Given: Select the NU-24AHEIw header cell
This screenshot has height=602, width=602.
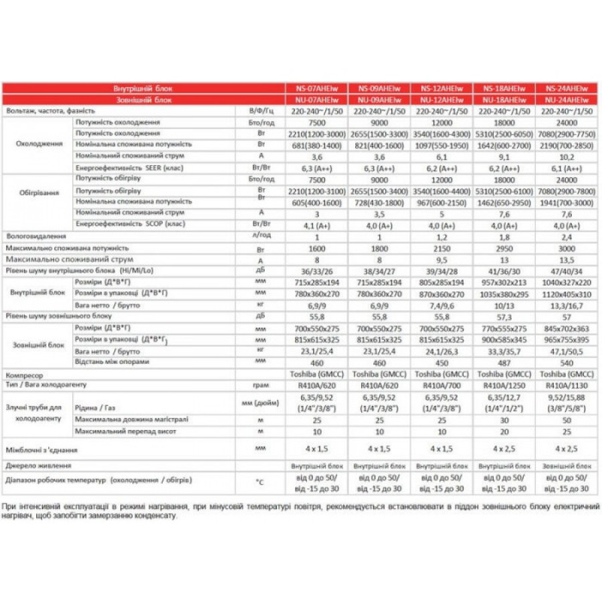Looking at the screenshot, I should [x=567, y=99].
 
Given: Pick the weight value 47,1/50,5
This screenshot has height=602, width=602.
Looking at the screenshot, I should [x=567, y=350].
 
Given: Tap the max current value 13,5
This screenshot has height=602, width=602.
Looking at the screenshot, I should [x=567, y=259].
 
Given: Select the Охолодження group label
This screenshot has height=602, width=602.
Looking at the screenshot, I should [x=35, y=144].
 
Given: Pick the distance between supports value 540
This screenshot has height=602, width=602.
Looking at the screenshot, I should [x=567, y=362].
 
